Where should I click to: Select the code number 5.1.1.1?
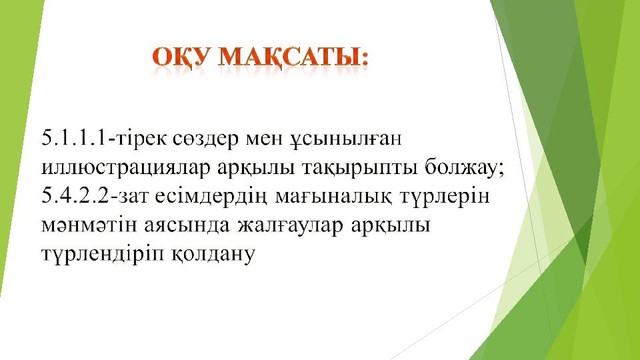click(74, 138)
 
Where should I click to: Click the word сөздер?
click(206, 139)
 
